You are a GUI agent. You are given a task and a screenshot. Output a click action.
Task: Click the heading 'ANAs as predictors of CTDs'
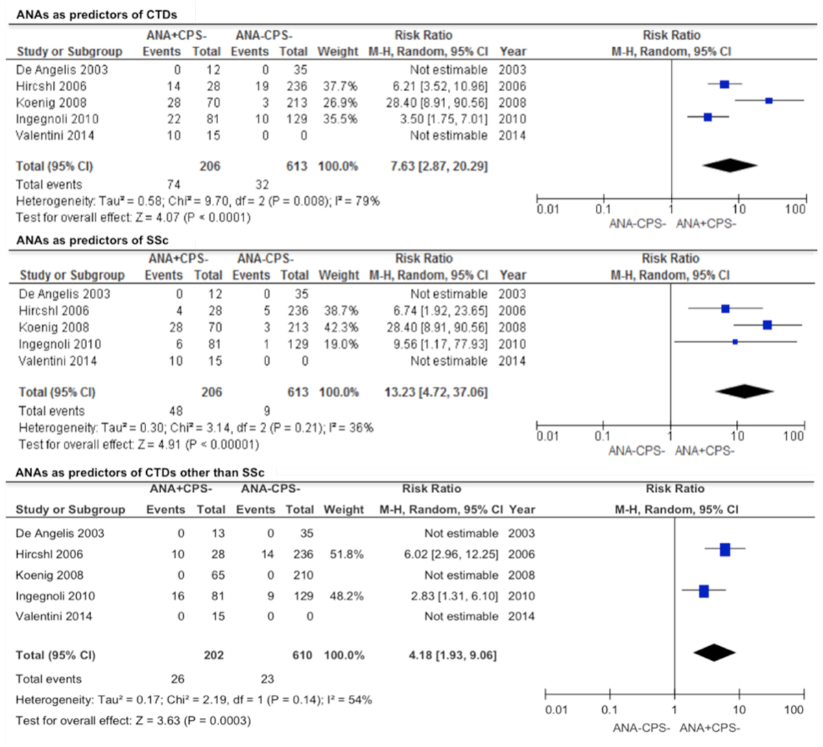(x=96, y=14)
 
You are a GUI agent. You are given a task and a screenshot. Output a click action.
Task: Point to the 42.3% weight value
(x=341, y=327)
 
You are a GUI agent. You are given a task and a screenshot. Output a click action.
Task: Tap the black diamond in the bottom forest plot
(x=714, y=652)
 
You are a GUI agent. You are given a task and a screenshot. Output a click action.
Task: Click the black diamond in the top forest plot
(x=730, y=165)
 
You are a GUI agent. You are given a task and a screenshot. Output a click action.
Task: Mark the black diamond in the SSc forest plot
(x=743, y=391)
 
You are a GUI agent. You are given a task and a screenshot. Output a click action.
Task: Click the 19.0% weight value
(x=341, y=344)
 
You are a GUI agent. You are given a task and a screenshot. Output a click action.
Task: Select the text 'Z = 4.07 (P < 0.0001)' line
(x=133, y=217)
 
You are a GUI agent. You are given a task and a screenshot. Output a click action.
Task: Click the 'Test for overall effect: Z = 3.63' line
(x=133, y=721)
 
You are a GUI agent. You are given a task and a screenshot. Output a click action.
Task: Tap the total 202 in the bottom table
(x=213, y=655)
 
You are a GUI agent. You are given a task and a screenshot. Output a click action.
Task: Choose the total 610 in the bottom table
(x=302, y=655)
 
